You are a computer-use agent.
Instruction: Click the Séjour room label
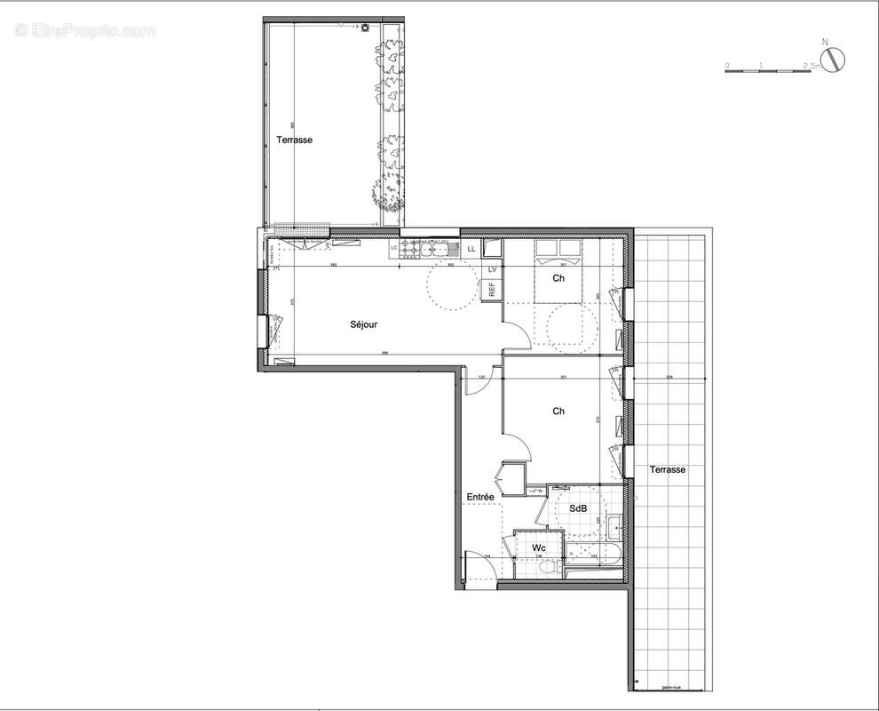click(x=363, y=324)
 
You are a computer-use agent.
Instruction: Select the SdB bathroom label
click(x=578, y=508)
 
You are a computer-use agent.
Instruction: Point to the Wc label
click(x=539, y=548)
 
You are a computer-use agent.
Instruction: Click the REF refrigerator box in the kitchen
click(x=490, y=290)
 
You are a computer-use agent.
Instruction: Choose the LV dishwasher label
click(x=491, y=269)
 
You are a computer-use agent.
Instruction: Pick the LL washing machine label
click(x=471, y=250)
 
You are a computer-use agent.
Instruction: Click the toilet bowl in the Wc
click(x=550, y=567)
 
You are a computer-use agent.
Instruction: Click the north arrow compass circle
click(x=834, y=60)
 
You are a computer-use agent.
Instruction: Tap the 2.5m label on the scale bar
click(x=810, y=66)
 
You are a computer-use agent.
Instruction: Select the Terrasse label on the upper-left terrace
click(x=294, y=140)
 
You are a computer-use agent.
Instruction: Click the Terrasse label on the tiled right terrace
click(x=666, y=469)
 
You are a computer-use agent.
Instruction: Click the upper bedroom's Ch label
click(x=558, y=278)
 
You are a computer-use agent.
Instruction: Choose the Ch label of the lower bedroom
click(x=558, y=411)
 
